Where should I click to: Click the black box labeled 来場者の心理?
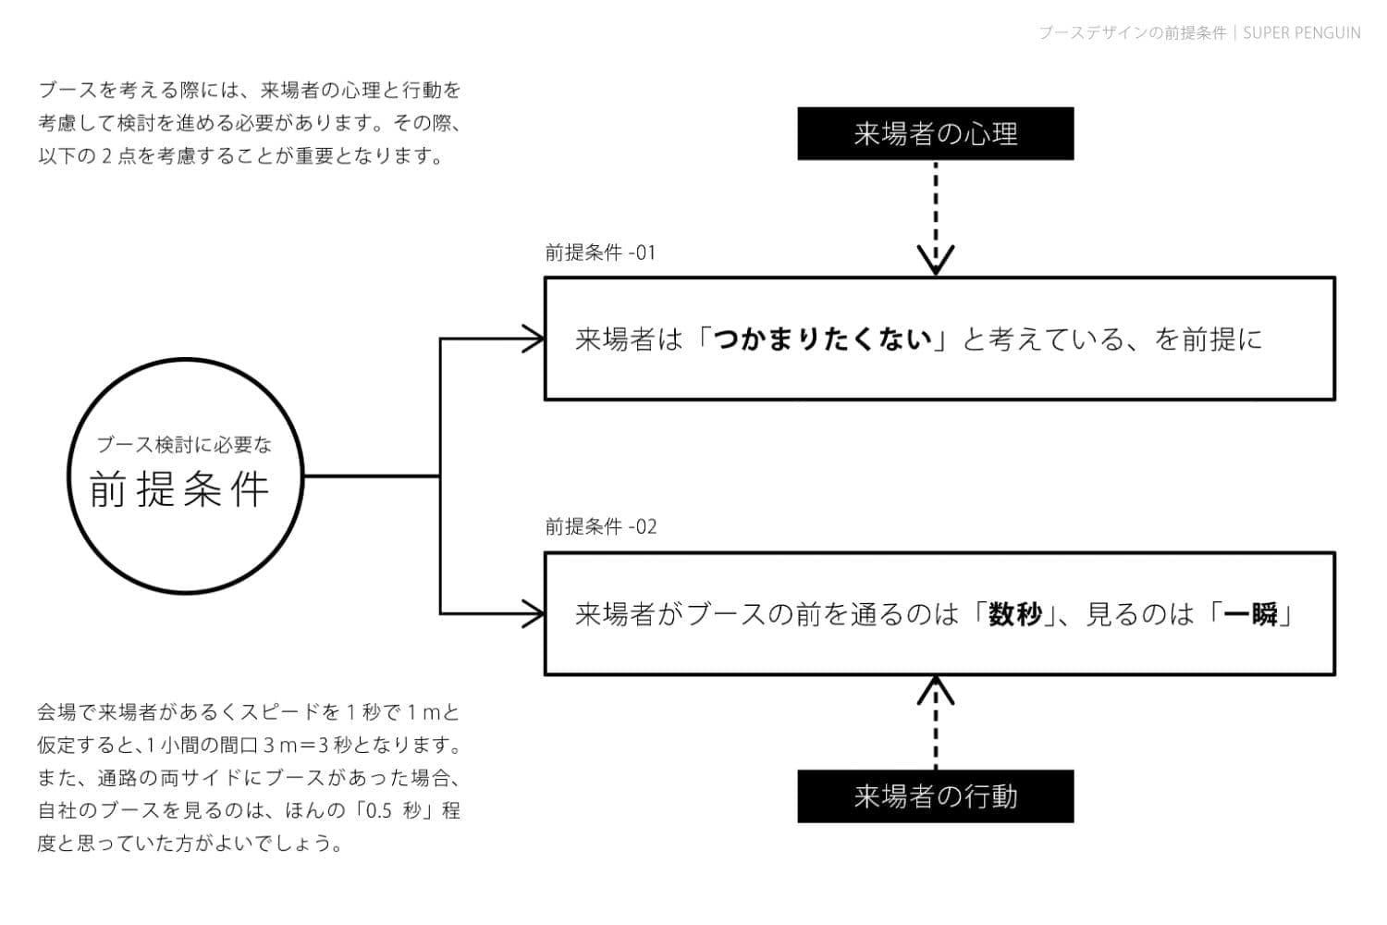pos(935,134)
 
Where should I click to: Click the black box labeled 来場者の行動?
pos(935,796)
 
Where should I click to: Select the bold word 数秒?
pos(1014,614)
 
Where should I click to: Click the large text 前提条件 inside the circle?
pos(180,489)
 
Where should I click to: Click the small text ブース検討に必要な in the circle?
pos(184,445)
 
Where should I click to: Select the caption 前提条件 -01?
pos(600,253)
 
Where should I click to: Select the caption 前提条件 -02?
pos(600,527)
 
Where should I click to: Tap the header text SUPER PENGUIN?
pos(1301,33)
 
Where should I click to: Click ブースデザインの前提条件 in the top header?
pos(1132,33)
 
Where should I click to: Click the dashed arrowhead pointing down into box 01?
pos(936,260)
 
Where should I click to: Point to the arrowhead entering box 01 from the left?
pos(534,339)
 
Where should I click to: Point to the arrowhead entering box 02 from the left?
pos(534,613)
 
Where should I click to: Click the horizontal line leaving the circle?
pos(370,476)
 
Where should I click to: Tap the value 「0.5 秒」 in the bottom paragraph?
pos(393,811)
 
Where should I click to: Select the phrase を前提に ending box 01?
pos(1208,339)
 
